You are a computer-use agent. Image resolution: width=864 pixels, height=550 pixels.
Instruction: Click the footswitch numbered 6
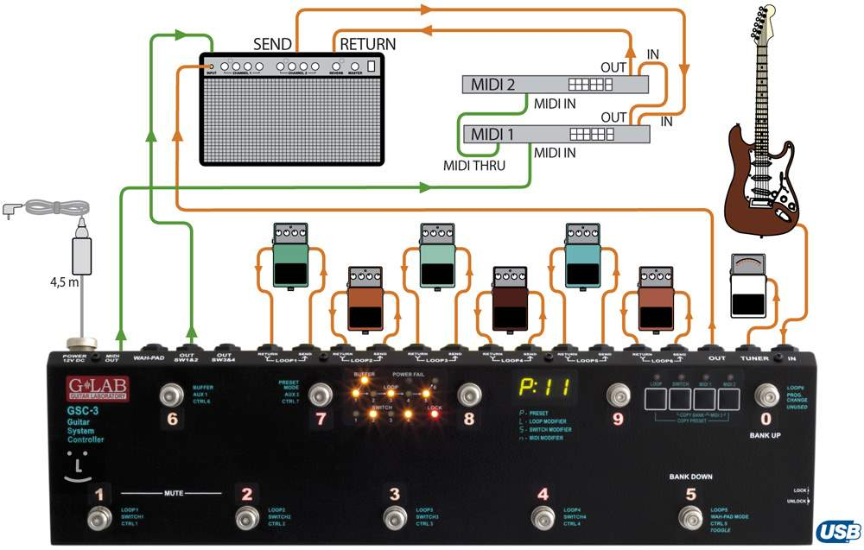point(172,396)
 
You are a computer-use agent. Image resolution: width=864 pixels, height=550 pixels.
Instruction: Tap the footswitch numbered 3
point(395,519)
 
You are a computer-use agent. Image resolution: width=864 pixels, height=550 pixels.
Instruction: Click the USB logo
point(837,531)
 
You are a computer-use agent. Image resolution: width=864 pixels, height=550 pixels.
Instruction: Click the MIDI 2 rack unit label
point(492,85)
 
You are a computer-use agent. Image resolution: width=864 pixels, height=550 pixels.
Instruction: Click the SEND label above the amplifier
point(272,44)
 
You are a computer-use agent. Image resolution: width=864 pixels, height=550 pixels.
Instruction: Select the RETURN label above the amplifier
point(367,44)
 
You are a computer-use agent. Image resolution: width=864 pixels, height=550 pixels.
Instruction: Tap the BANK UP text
point(765,436)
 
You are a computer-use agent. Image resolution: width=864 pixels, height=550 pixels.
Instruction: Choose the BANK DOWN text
point(689,476)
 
